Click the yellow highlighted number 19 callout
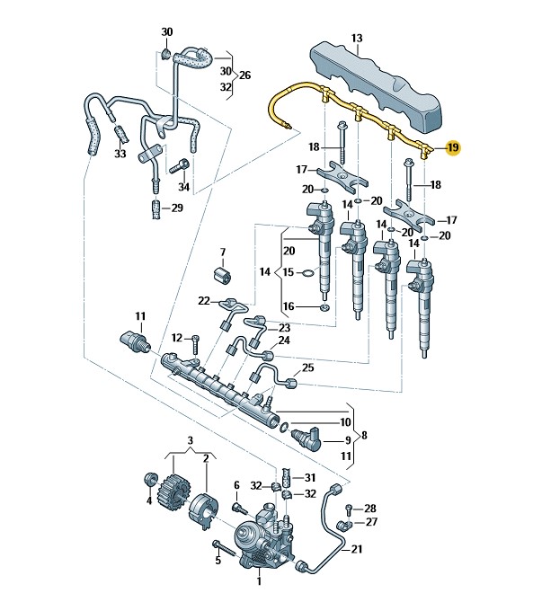(x=454, y=147)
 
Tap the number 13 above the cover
(x=357, y=38)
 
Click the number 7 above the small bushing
(x=223, y=252)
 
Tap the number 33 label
(x=120, y=153)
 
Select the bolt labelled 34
(x=180, y=166)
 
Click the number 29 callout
(x=177, y=208)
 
